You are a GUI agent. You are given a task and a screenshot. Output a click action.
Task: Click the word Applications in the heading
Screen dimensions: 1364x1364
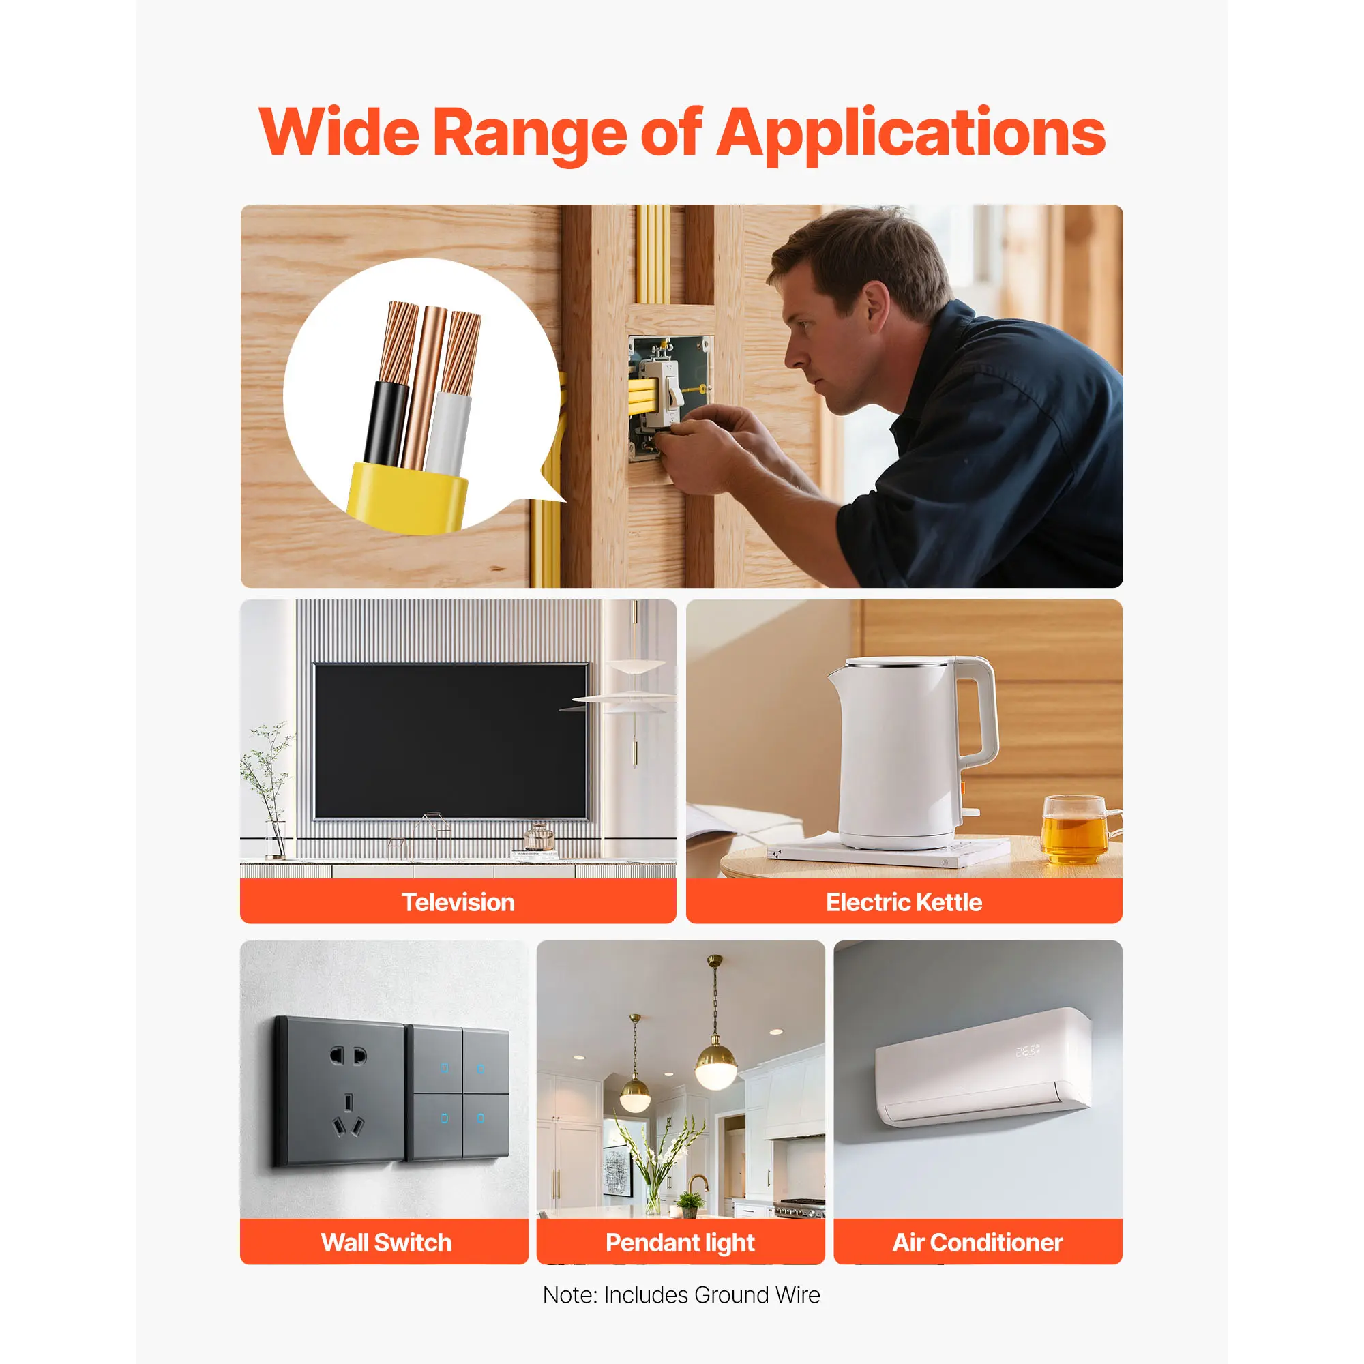coord(911,135)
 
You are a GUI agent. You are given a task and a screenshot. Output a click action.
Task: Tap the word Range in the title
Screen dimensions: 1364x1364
coord(529,135)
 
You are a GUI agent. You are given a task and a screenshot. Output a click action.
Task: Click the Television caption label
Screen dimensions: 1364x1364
coord(458,902)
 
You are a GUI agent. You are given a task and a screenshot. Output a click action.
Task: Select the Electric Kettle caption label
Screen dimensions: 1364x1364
coord(904,902)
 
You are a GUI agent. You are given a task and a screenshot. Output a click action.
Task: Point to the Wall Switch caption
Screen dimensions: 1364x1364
coord(386,1243)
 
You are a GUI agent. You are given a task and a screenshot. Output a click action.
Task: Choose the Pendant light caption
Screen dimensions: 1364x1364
coord(680,1243)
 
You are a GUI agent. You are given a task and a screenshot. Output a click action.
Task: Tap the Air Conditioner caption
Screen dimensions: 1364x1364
coord(977,1243)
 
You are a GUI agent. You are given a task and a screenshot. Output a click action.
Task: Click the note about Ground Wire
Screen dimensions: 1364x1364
coord(681,1295)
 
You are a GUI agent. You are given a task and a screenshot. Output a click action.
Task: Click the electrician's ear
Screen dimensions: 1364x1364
coord(874,305)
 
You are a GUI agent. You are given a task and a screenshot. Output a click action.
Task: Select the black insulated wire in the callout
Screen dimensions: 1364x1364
coord(387,423)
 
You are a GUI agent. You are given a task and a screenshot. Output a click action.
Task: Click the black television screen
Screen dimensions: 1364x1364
coord(450,741)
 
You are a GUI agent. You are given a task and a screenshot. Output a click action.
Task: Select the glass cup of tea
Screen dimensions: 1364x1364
coord(1078,829)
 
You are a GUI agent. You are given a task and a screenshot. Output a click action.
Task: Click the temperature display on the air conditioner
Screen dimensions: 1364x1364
coord(1028,1050)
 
